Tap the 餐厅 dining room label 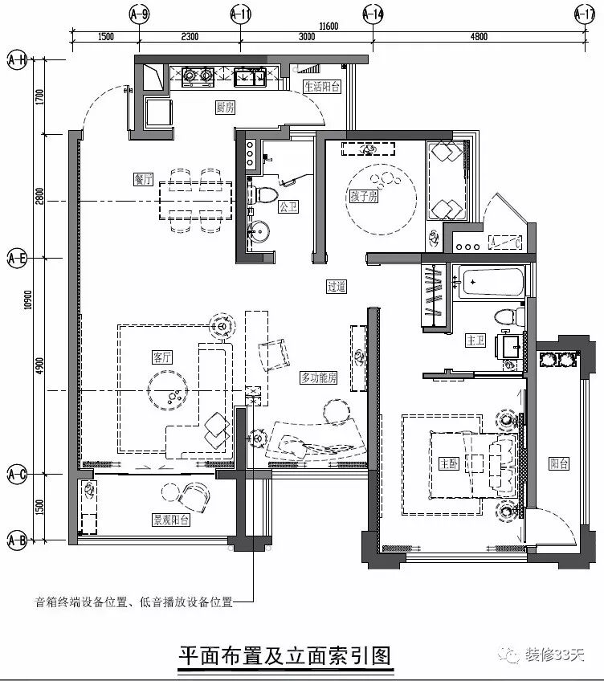(145, 179)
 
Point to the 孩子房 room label (363, 196)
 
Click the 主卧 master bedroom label (448, 464)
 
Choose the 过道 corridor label (336, 286)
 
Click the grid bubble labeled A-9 (140, 14)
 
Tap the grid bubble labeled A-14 (373, 14)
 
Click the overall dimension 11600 (328, 26)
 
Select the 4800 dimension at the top (479, 36)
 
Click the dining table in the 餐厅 (196, 199)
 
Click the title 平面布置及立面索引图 (285, 655)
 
